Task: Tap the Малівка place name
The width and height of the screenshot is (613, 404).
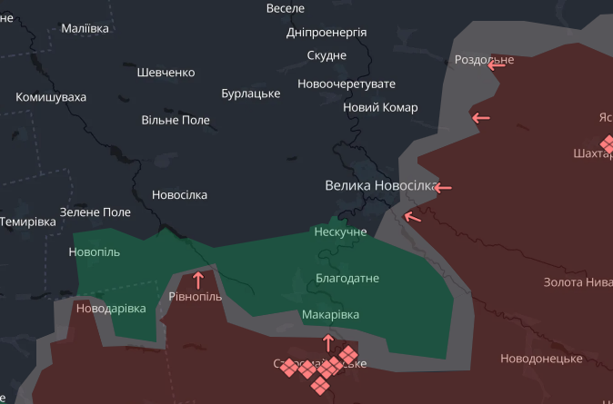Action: pyautogui.click(x=85, y=28)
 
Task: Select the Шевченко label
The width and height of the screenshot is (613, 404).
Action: pyautogui.click(x=166, y=72)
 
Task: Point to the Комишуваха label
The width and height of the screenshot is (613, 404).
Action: pyautogui.click(x=51, y=96)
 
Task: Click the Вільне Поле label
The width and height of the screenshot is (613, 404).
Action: pyautogui.click(x=176, y=120)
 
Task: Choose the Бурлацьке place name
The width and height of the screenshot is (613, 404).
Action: pyautogui.click(x=250, y=94)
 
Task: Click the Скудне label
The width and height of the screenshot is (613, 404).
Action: pyautogui.click(x=327, y=55)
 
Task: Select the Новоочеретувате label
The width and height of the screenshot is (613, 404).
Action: pyautogui.click(x=347, y=84)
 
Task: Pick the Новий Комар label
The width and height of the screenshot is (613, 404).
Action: pyautogui.click(x=380, y=107)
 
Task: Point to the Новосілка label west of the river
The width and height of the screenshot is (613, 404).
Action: pyautogui.click(x=179, y=194)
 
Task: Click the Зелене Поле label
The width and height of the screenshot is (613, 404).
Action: pyautogui.click(x=95, y=212)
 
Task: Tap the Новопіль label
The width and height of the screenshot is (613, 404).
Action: pyautogui.click(x=94, y=251)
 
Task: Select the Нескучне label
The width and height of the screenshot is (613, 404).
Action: pyautogui.click(x=340, y=232)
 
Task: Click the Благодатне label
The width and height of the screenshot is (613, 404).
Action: pyautogui.click(x=347, y=278)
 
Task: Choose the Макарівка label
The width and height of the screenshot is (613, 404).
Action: pyautogui.click(x=330, y=314)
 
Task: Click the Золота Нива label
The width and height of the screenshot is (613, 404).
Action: pyautogui.click(x=578, y=282)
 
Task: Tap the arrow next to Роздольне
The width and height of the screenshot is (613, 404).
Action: pyautogui.click(x=497, y=64)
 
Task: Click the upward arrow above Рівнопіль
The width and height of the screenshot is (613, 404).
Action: pyautogui.click(x=197, y=280)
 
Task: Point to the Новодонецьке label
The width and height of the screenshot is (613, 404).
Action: pyautogui.click(x=541, y=359)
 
